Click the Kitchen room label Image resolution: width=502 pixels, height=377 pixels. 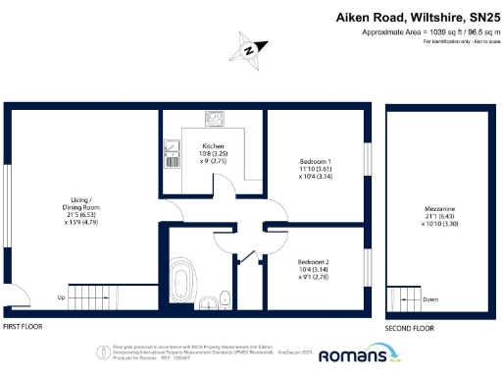[x=214, y=146]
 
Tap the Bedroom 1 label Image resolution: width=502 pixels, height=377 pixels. [x=314, y=160]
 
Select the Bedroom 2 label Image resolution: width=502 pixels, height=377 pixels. [x=314, y=263]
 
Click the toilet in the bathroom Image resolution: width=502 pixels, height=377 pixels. [x=225, y=298]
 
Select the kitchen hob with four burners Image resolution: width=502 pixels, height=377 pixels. [x=216, y=118]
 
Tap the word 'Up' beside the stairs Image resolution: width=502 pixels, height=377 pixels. [x=61, y=296]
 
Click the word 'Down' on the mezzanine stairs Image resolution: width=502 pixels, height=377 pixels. [x=430, y=298]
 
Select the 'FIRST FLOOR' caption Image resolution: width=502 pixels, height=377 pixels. [x=23, y=325]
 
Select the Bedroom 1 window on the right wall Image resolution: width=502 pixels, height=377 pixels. [x=369, y=161]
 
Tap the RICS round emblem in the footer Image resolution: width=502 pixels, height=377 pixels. [x=102, y=351]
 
